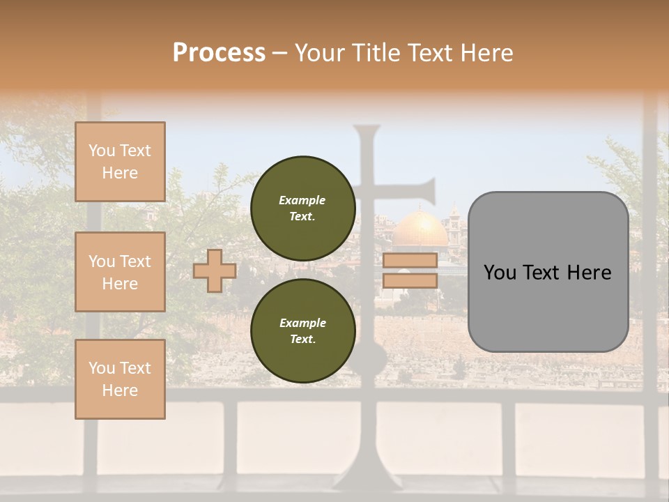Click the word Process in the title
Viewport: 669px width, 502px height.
[219, 53]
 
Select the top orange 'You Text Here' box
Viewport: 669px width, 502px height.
[120, 162]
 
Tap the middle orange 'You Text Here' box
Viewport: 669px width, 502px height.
[120, 272]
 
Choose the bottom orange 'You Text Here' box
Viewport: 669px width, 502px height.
[120, 379]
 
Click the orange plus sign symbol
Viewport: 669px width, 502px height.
[215, 271]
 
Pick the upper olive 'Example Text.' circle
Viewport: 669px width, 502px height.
[302, 208]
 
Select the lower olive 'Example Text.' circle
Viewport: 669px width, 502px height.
[302, 331]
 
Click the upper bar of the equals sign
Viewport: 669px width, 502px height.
[410, 260]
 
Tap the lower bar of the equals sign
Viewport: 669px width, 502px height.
[410, 280]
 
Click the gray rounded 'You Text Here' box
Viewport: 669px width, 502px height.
[548, 272]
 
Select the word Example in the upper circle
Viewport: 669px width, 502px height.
[302, 200]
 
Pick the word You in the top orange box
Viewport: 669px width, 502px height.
[102, 151]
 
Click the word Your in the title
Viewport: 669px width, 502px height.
[321, 53]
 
